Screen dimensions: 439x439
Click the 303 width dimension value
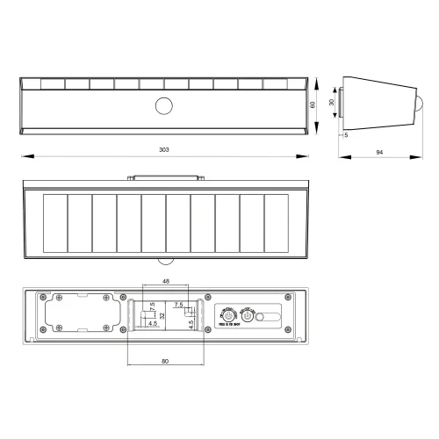click(x=164, y=150)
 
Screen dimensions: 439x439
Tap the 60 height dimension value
click(x=313, y=104)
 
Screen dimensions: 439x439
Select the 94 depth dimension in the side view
click(x=378, y=152)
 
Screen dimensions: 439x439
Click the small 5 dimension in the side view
click(x=347, y=135)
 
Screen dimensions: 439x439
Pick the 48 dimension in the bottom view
click(x=166, y=281)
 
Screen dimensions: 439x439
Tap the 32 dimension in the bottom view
click(x=162, y=314)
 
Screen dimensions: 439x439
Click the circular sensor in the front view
click(x=164, y=106)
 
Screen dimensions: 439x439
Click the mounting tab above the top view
click(x=164, y=177)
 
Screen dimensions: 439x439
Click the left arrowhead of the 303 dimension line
click(x=23, y=157)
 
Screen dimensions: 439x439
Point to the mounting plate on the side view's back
click(x=342, y=104)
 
